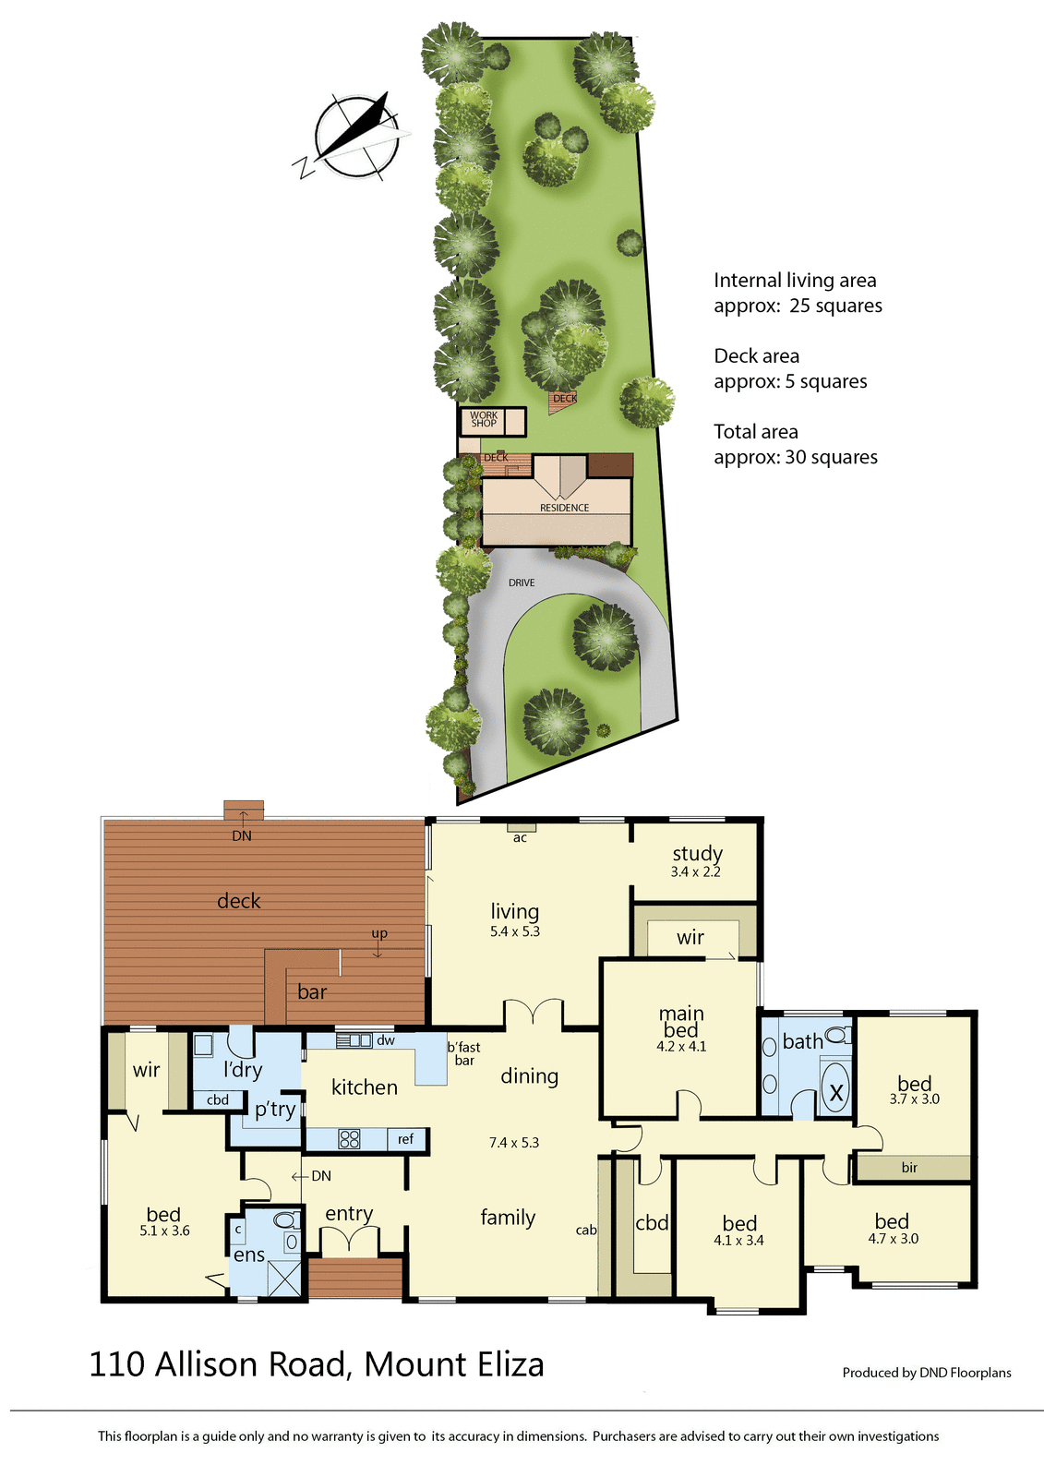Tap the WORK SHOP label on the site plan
coord(484,420)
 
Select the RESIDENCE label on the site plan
coord(564,508)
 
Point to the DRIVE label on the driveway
coord(522,582)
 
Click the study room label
coord(697,854)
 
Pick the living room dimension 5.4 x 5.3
coord(515,932)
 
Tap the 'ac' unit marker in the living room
coord(520,837)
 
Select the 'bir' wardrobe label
coord(909,1168)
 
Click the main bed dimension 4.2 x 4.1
coord(681,1047)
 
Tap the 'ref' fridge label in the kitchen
coord(406,1139)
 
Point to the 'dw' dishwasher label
coord(386,1040)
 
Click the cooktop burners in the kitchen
coord(350,1139)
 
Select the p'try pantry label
coord(275,1110)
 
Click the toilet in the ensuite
coord(286,1220)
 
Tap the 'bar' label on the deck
coord(312,992)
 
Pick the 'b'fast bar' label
coord(463,1053)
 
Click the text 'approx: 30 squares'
coord(796,457)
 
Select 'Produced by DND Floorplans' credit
coord(926,1373)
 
